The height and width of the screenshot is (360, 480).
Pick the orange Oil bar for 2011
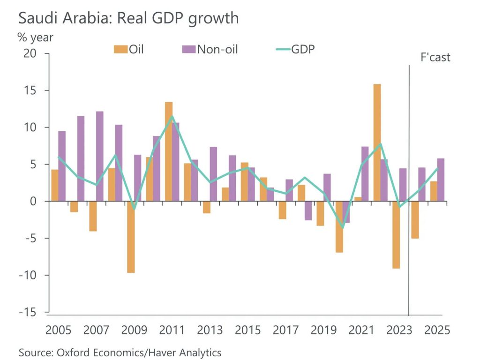coord(169,151)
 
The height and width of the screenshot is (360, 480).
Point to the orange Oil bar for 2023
coord(396,234)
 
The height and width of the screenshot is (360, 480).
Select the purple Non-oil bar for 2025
coord(441,180)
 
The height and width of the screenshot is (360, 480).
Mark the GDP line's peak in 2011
coord(172,116)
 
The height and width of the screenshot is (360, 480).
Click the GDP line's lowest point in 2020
coord(343,228)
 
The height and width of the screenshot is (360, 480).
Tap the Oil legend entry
coord(128,49)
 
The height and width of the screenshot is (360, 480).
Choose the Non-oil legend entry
coord(210,49)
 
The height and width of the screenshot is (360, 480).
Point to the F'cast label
coord(434,57)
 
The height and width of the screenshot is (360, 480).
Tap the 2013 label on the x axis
coord(210,330)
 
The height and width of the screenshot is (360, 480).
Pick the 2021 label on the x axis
coord(361,330)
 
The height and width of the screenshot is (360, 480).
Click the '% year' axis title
coord(36,37)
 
